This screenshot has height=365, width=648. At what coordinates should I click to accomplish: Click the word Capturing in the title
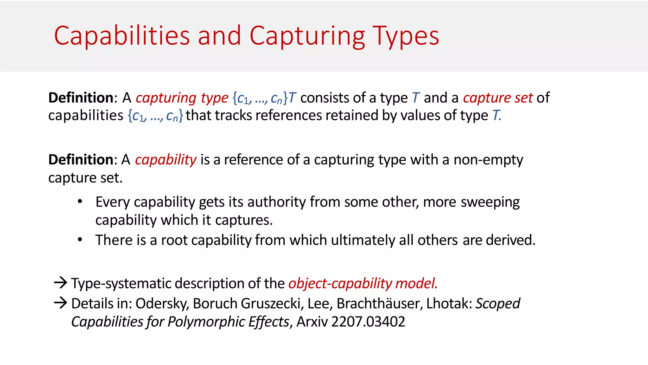pyautogui.click(x=307, y=36)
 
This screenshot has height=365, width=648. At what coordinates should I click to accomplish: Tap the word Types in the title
pyautogui.click(x=406, y=36)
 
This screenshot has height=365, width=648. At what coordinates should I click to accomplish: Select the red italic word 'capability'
pyautogui.click(x=166, y=160)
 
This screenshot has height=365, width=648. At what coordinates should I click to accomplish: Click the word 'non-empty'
pyautogui.click(x=488, y=160)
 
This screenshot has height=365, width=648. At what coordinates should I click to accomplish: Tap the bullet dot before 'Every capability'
pyautogui.click(x=80, y=202)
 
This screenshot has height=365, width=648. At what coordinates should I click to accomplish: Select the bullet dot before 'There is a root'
pyautogui.click(x=80, y=240)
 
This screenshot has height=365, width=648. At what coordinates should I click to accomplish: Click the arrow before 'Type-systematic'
pyautogui.click(x=60, y=282)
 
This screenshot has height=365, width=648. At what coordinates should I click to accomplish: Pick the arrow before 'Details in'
pyautogui.click(x=60, y=303)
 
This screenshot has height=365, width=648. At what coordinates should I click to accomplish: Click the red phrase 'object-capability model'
pyautogui.click(x=363, y=283)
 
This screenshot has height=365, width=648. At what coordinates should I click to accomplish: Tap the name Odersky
pyautogui.click(x=162, y=304)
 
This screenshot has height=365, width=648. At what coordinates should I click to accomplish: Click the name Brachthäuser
pyautogui.click(x=379, y=304)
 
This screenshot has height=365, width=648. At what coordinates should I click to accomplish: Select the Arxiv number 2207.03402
pyautogui.click(x=368, y=322)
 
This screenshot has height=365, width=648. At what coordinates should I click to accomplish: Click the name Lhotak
pyautogui.click(x=449, y=304)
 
